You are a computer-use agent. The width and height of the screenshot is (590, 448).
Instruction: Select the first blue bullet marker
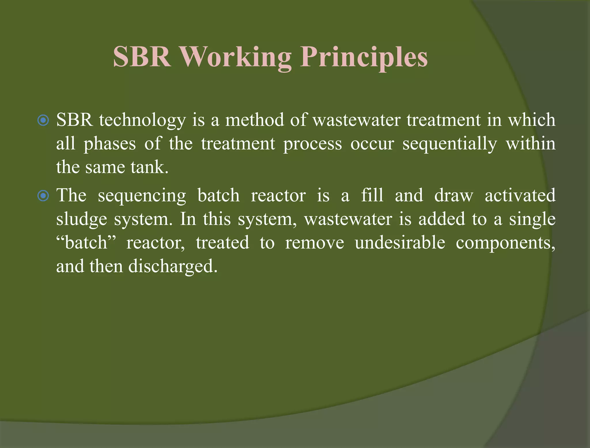pos(43,120)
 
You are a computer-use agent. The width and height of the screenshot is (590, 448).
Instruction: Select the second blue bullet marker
pos(43,196)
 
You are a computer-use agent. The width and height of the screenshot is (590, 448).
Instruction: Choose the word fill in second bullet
pos(372,195)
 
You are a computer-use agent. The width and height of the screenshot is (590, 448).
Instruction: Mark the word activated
pos(520,195)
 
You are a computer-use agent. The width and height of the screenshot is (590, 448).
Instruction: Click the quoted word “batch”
pos(86,243)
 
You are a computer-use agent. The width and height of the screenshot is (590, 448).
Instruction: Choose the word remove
pos(314,243)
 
